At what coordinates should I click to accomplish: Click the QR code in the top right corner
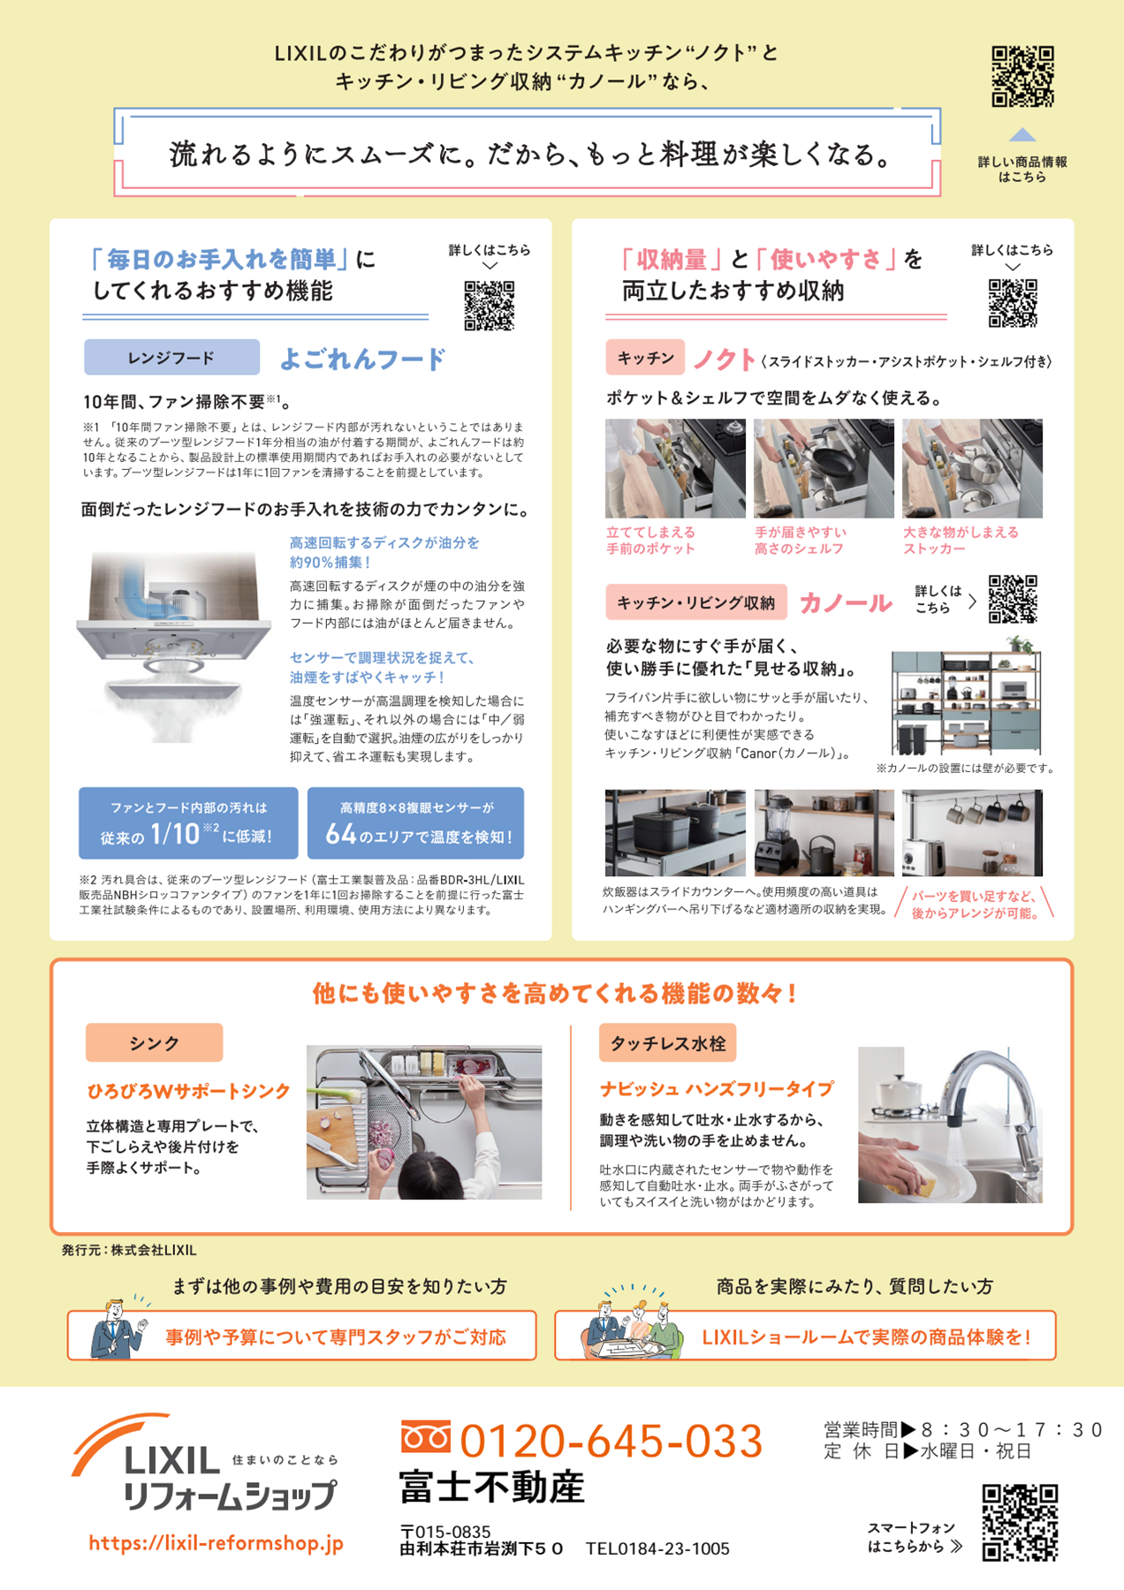1022,77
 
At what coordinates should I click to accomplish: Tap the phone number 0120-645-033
611,1441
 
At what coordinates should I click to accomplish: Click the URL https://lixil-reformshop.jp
216,1543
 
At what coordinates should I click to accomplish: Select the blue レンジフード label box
171,358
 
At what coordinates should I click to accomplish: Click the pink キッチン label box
645,358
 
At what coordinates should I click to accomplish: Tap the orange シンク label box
154,1043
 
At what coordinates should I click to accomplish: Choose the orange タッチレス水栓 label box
667,1043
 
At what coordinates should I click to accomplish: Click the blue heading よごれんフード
362,359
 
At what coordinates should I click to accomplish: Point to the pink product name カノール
846,603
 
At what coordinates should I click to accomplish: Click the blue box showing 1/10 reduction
188,823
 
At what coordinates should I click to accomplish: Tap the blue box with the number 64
415,823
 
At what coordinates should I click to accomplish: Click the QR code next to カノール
1013,599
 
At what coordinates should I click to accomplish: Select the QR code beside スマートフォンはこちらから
1020,1523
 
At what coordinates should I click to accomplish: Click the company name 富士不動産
491,1488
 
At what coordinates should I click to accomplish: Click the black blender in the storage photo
776,826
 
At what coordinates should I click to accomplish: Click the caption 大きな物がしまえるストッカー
961,540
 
